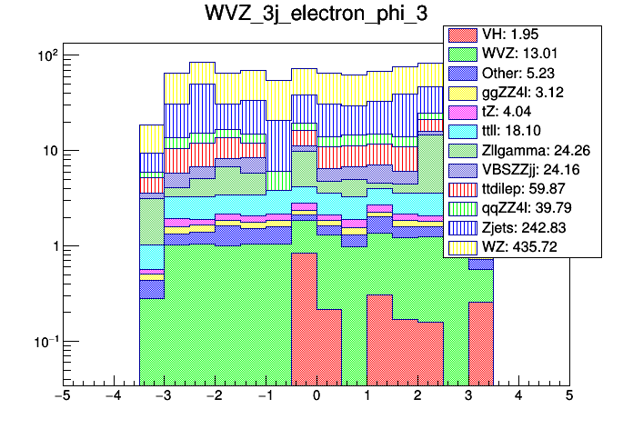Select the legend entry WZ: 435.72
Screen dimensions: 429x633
point(521,246)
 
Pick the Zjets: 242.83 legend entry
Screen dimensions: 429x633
point(521,227)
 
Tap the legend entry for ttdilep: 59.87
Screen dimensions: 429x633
point(521,189)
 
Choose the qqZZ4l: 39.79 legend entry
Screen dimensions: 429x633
point(521,208)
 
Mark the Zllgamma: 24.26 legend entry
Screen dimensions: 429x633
point(521,150)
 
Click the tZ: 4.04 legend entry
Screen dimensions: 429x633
point(521,112)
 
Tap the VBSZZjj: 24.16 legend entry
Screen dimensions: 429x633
point(521,170)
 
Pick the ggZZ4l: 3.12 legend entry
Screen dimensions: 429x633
point(521,93)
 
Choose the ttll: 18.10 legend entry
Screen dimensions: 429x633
point(521,131)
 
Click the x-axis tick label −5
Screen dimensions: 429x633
point(62,397)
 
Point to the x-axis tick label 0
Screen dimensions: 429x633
point(316,397)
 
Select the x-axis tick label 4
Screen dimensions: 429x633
point(518,397)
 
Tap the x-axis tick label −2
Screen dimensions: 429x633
point(214,397)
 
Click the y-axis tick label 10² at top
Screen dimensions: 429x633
point(45,55)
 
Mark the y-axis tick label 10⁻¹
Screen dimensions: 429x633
point(43,342)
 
